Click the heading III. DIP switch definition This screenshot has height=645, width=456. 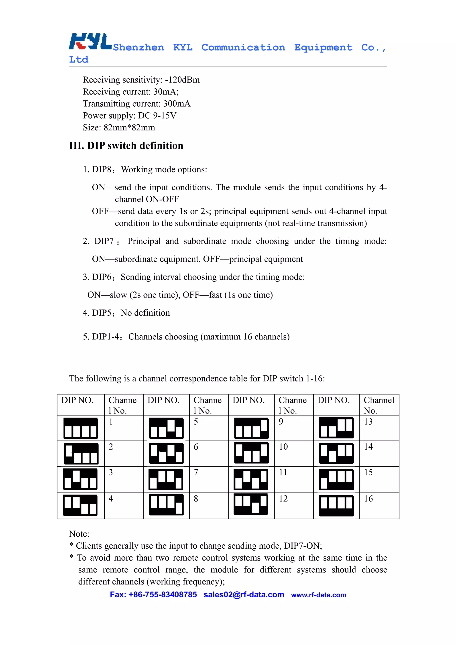click(x=126, y=146)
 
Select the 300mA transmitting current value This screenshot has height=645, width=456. click(x=177, y=104)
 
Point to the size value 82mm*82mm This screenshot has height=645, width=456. click(x=129, y=128)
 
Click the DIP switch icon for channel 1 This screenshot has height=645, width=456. click(x=81, y=428)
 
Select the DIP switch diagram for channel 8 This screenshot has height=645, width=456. click(x=166, y=505)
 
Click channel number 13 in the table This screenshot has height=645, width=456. click(x=368, y=422)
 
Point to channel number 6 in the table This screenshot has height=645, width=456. click(x=196, y=447)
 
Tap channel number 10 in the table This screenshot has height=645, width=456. click(x=283, y=447)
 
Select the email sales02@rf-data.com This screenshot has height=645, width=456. click(x=244, y=595)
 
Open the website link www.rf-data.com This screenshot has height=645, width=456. click(x=319, y=595)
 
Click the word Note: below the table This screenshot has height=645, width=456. click(x=79, y=534)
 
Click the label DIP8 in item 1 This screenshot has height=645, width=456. click(x=102, y=169)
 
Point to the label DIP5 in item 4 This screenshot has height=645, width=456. click(x=102, y=313)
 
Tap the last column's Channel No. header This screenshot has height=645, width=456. click(x=379, y=405)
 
